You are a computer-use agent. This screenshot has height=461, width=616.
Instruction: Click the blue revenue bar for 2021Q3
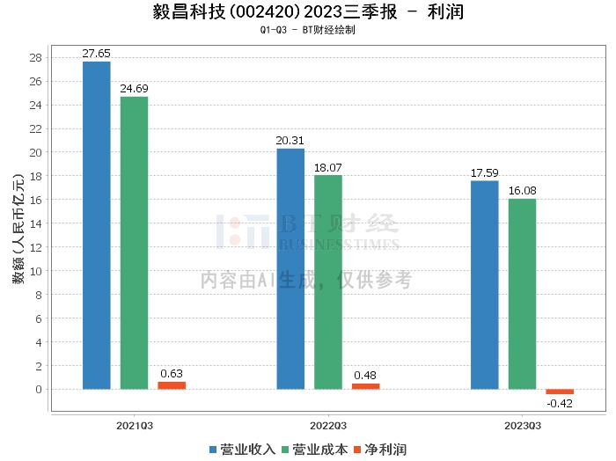(97, 225)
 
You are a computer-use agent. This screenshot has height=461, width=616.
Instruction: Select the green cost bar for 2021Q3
(134, 243)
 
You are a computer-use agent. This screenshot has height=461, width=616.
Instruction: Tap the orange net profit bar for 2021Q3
(172, 385)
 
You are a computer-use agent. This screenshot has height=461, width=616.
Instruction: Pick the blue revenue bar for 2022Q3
(290, 268)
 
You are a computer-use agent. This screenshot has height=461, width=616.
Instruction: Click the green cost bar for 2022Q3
(328, 282)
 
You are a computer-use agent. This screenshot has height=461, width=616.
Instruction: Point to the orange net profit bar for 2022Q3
(366, 386)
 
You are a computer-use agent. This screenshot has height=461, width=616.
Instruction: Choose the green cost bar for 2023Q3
(522, 293)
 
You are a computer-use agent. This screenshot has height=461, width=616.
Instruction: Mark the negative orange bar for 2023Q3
(560, 391)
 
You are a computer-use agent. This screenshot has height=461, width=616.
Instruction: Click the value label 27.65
(97, 54)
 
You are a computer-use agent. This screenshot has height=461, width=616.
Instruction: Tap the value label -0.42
(560, 403)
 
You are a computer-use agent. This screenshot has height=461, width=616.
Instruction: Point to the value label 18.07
(328, 167)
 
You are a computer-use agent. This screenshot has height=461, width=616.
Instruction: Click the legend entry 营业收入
(242, 450)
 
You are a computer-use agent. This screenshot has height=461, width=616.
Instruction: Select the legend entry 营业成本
(314, 450)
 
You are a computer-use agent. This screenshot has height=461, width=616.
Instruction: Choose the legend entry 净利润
(379, 450)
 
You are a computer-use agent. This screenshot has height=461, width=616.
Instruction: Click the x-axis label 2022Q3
(328, 425)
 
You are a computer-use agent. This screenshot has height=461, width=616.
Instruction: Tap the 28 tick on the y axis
(36, 58)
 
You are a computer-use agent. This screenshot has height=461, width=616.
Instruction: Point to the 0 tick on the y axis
(39, 389)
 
